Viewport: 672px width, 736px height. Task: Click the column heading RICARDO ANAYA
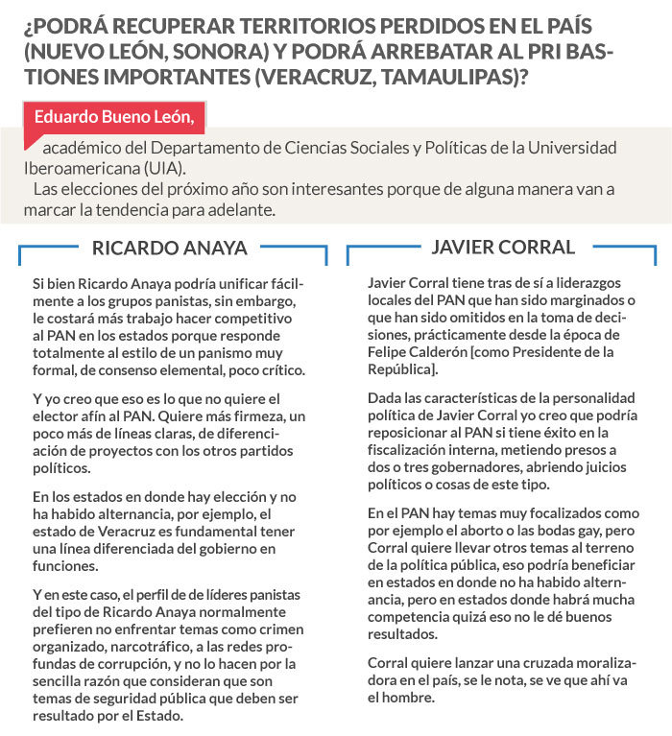coord(169,248)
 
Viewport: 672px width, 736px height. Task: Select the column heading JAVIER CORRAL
coord(503,247)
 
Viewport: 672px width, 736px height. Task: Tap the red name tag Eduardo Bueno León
coord(114,117)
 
